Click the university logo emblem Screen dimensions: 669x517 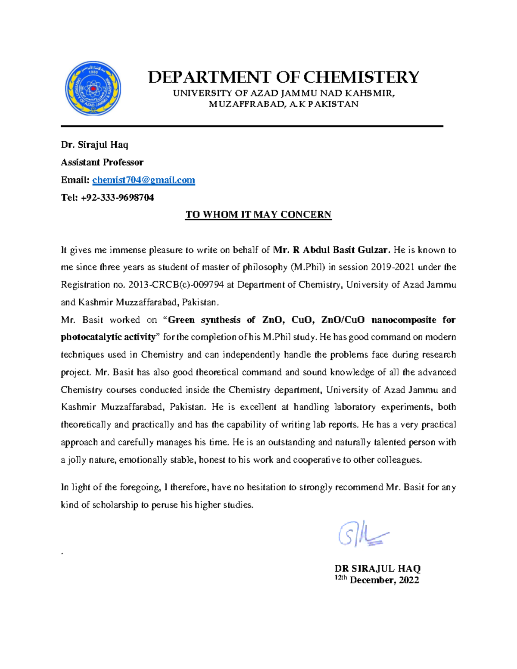coord(93,89)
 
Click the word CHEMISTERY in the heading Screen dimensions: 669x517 coord(361,78)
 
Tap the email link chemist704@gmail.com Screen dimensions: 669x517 coord(143,180)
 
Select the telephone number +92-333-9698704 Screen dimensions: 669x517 coord(117,198)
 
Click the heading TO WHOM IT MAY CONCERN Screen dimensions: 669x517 coord(258,215)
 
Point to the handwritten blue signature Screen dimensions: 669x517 coord(363,534)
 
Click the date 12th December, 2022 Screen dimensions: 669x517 coord(377,580)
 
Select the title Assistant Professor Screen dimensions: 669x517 coord(102,162)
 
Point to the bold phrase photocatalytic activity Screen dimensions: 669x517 coord(108,337)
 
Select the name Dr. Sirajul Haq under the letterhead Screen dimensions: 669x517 coord(95,145)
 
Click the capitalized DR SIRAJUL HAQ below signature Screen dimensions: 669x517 coord(377,569)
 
